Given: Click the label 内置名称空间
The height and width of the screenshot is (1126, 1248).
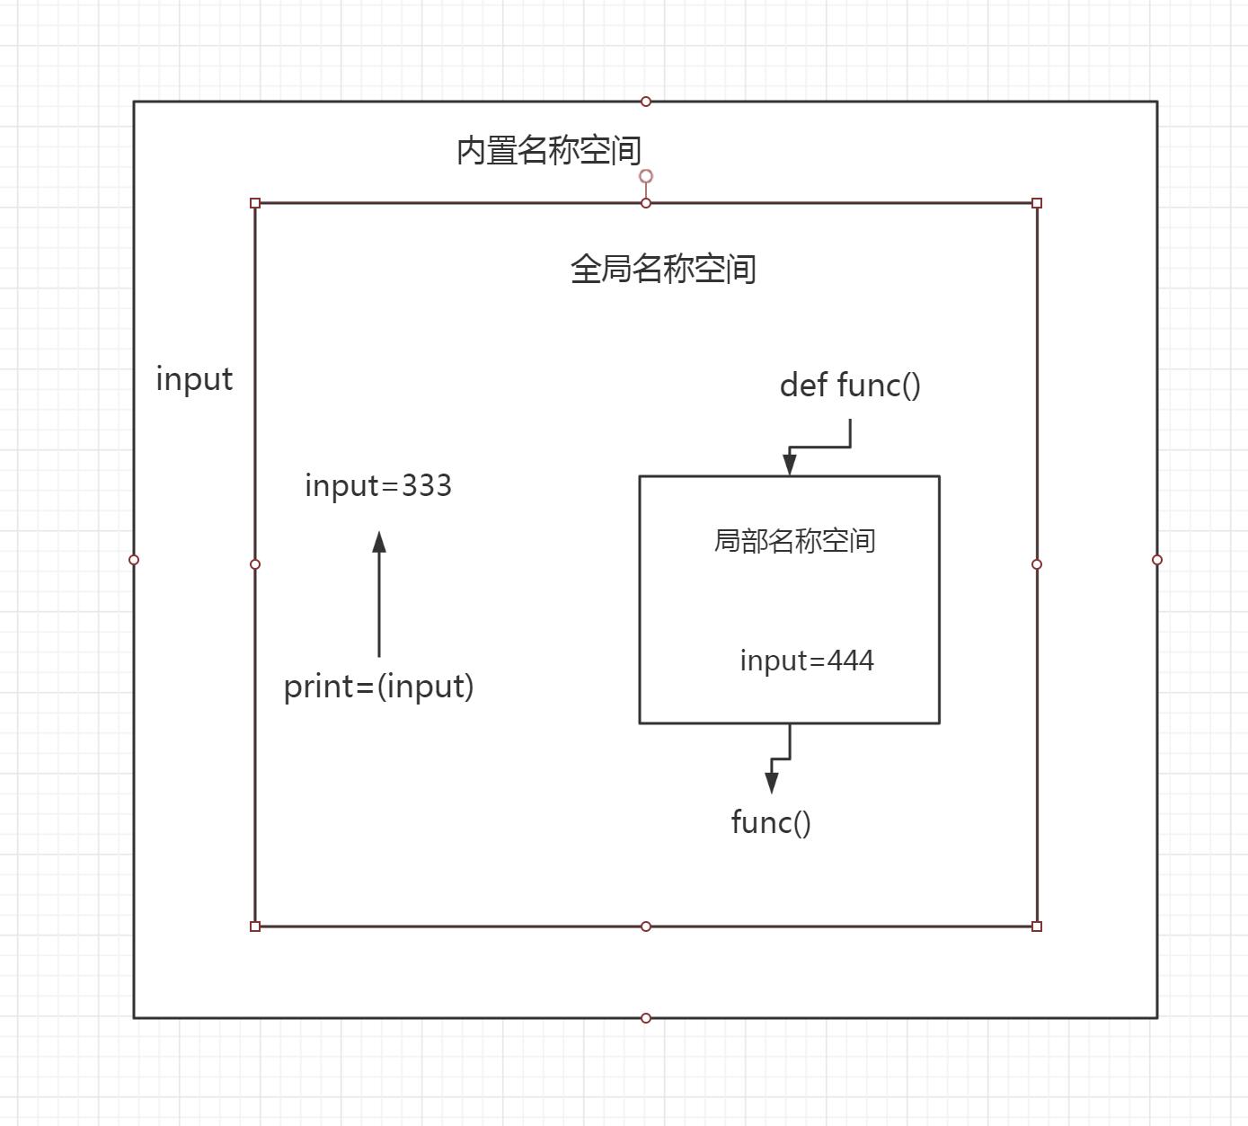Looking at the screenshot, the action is (548, 150).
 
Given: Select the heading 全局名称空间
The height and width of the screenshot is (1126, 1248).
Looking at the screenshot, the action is (663, 269).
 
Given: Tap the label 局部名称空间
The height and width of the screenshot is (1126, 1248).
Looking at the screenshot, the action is (794, 541).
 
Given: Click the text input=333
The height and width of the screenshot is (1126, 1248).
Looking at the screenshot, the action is (378, 485).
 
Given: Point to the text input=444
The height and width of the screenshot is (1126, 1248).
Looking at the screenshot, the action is (807, 661).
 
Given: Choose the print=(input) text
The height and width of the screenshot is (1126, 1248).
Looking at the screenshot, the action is (378, 687).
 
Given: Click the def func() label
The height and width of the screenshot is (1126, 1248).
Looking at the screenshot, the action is (850, 385).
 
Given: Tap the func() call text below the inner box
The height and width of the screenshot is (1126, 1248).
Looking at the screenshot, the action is (771, 822).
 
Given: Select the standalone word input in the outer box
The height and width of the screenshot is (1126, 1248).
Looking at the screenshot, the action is (194, 379).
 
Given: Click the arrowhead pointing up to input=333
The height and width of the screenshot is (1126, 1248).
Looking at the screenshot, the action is (379, 542).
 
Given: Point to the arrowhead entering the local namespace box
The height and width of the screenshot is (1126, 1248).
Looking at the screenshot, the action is (790, 464).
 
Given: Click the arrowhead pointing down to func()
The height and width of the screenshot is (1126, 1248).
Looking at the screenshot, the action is (771, 782).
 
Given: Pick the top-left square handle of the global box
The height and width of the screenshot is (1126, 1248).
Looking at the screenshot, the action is (255, 203).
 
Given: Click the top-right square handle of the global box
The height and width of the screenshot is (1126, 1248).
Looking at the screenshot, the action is (1037, 203).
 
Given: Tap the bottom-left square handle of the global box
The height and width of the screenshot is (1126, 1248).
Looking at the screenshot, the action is (255, 927).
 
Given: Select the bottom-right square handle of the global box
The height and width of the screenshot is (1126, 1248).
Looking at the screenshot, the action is (1037, 927).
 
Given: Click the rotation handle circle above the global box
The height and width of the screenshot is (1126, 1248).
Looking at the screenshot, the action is (646, 176).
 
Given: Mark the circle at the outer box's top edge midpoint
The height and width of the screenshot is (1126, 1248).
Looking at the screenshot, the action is (646, 102).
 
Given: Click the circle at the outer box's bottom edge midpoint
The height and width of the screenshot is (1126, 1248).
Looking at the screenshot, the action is (646, 1018).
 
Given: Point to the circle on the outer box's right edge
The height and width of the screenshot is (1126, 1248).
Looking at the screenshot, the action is (1157, 560).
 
